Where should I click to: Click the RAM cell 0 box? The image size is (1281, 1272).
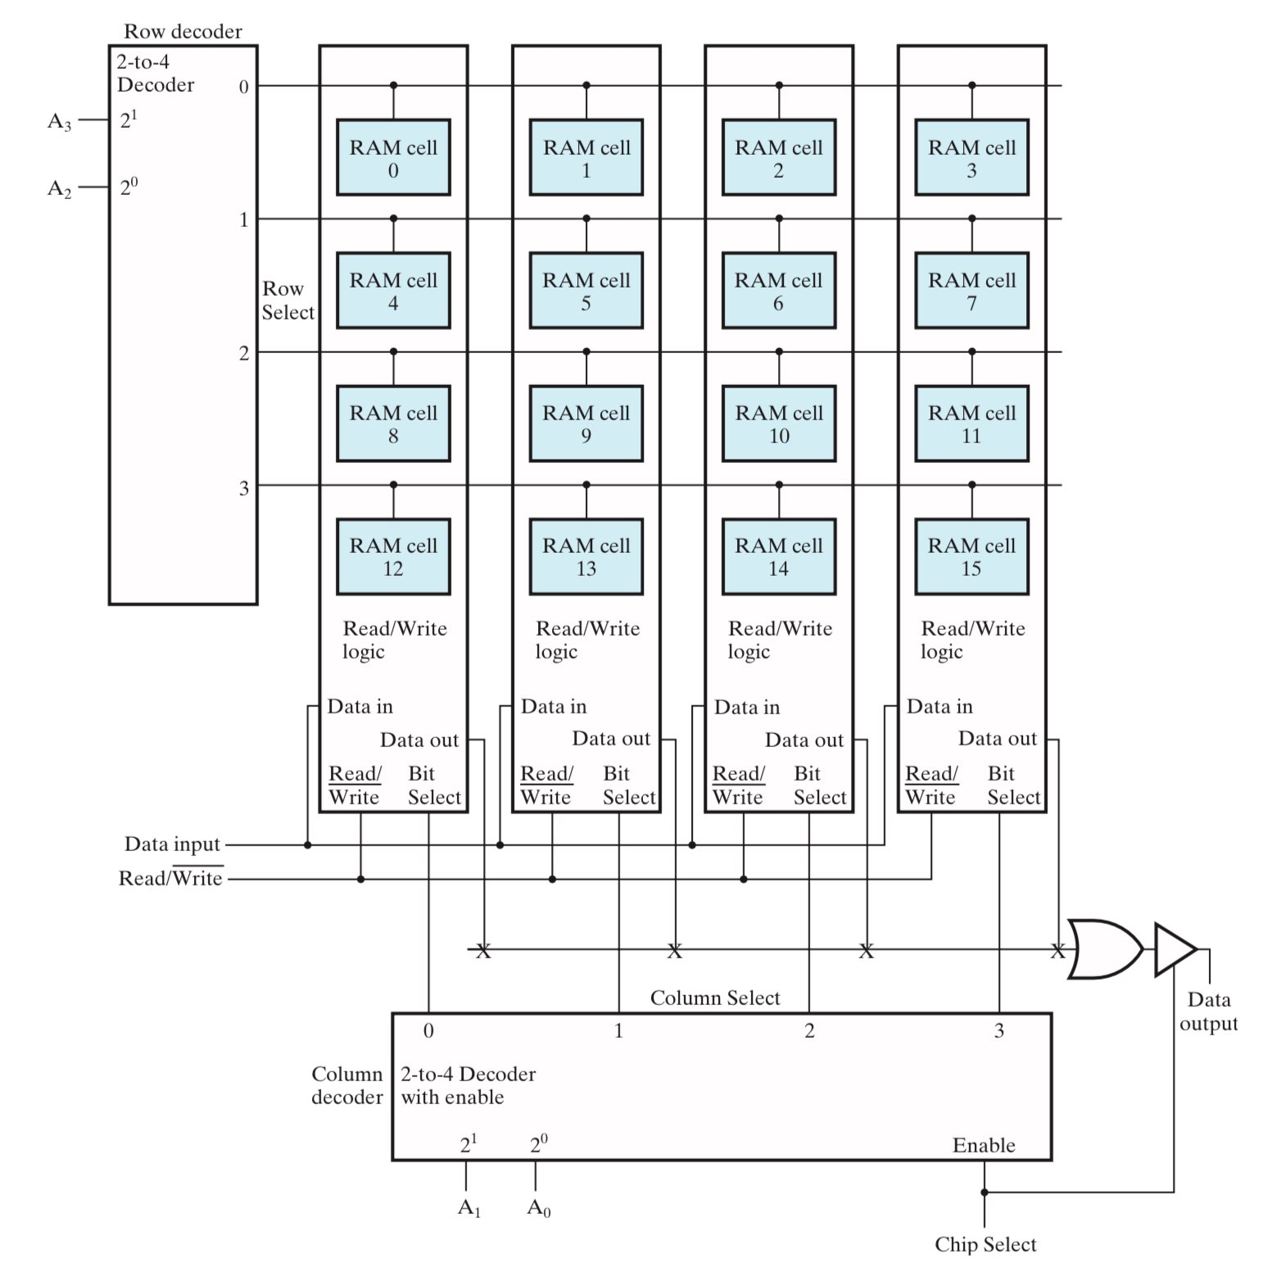point(393,157)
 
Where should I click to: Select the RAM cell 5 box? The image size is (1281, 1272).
point(586,291)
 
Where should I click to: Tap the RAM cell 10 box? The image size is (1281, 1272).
point(779,423)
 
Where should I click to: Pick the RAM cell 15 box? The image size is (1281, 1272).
point(971,556)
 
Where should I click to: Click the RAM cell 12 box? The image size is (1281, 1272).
point(393,556)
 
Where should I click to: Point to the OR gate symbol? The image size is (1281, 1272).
point(1105,949)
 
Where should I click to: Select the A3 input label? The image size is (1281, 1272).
point(59,122)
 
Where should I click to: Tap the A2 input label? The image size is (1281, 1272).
point(59,189)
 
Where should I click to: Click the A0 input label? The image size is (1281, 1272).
point(538,1207)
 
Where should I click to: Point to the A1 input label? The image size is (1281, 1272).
point(468,1207)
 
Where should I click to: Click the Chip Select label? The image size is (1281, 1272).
point(985,1245)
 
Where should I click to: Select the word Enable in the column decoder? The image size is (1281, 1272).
point(984,1145)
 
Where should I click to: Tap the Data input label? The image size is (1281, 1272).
point(172,844)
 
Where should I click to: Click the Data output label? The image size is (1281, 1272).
point(1209,1012)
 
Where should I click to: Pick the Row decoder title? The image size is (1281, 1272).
point(183,32)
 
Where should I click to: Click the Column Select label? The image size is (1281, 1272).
point(715,998)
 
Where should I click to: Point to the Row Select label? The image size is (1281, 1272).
point(287,301)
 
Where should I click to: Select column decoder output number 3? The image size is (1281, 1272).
point(999,1031)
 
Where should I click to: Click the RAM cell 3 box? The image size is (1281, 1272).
point(971,157)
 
